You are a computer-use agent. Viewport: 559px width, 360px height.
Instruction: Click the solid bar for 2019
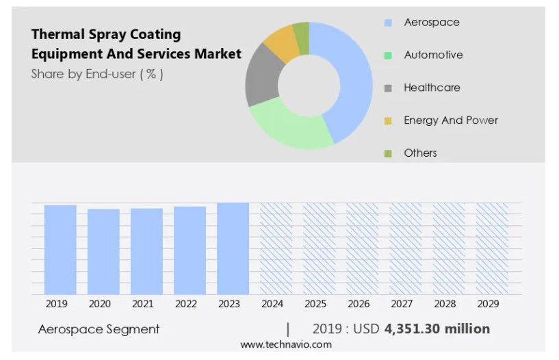click(x=60, y=250)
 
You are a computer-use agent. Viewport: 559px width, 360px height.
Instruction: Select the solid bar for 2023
click(x=233, y=248)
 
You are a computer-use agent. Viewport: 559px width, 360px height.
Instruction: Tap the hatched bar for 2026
click(x=362, y=248)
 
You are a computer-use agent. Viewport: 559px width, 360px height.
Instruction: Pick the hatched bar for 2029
click(x=491, y=248)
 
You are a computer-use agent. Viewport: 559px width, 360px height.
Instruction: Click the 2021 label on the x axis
click(x=142, y=304)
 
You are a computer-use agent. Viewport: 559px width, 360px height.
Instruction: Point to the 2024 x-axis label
click(x=272, y=304)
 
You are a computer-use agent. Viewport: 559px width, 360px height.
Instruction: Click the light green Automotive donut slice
click(x=287, y=126)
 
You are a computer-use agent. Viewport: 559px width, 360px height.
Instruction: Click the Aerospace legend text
click(x=432, y=23)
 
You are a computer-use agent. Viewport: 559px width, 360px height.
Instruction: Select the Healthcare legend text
click(x=432, y=88)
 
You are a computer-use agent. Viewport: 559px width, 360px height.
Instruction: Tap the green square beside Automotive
click(x=388, y=55)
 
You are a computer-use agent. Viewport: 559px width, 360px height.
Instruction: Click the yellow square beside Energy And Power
click(x=388, y=121)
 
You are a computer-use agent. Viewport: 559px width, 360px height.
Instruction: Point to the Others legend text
click(x=420, y=153)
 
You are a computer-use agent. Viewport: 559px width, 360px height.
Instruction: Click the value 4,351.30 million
click(x=437, y=329)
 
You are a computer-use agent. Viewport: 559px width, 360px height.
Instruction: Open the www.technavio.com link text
click(x=286, y=344)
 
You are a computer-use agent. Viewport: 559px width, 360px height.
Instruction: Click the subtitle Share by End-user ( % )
click(x=97, y=74)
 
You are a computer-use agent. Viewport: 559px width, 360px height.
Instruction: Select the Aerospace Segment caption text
click(x=99, y=329)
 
